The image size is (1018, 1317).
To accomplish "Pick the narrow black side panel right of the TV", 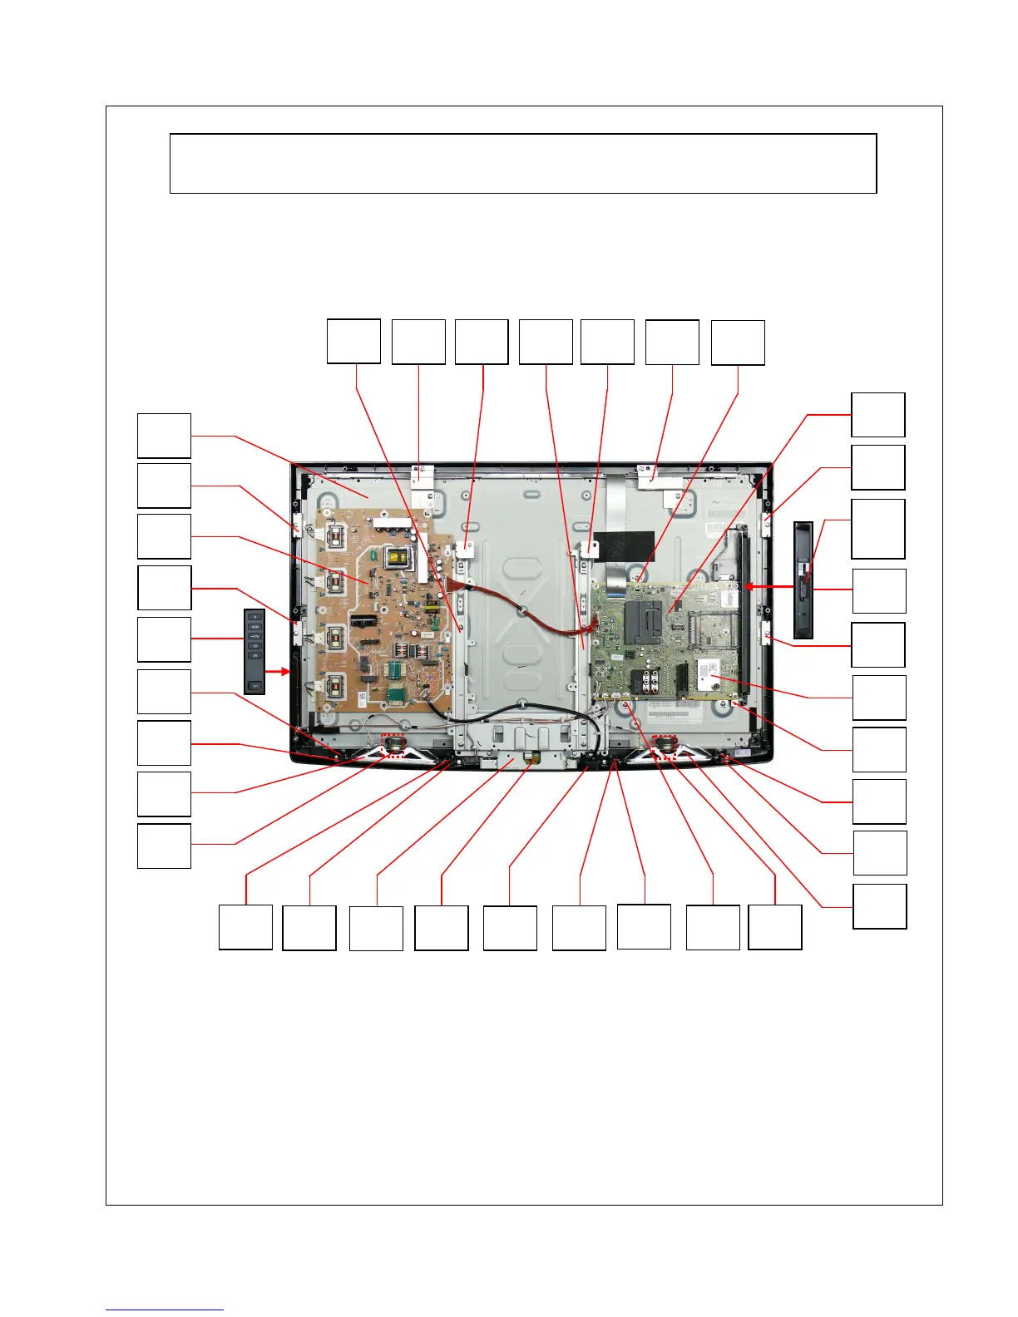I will click(803, 579).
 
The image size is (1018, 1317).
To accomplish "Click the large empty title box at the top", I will click(523, 164).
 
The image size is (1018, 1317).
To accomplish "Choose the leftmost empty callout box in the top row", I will click(353, 341).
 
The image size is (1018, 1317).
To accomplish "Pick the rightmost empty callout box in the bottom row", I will click(774, 927).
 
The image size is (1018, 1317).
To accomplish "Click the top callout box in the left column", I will click(164, 436).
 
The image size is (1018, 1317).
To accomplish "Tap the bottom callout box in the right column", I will click(879, 906).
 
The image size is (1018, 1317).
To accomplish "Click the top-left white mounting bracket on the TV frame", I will click(423, 476).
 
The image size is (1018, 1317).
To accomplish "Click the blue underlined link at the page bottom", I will click(165, 1310).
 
